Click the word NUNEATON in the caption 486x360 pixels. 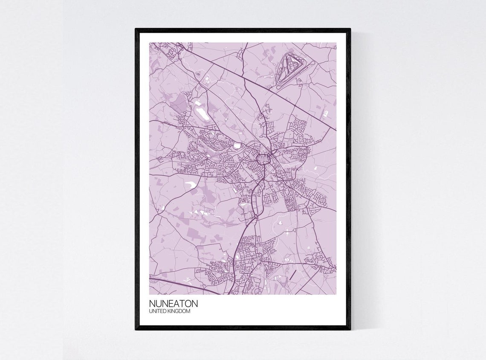[x=173, y=304]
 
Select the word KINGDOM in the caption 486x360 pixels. [x=179, y=311]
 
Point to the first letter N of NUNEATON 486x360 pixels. [x=152, y=304]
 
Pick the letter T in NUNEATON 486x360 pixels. [x=181, y=304]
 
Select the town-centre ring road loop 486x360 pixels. [x=262, y=160]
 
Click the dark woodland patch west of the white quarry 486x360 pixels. [x=181, y=102]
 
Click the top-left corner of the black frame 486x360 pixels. [x=136, y=29]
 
